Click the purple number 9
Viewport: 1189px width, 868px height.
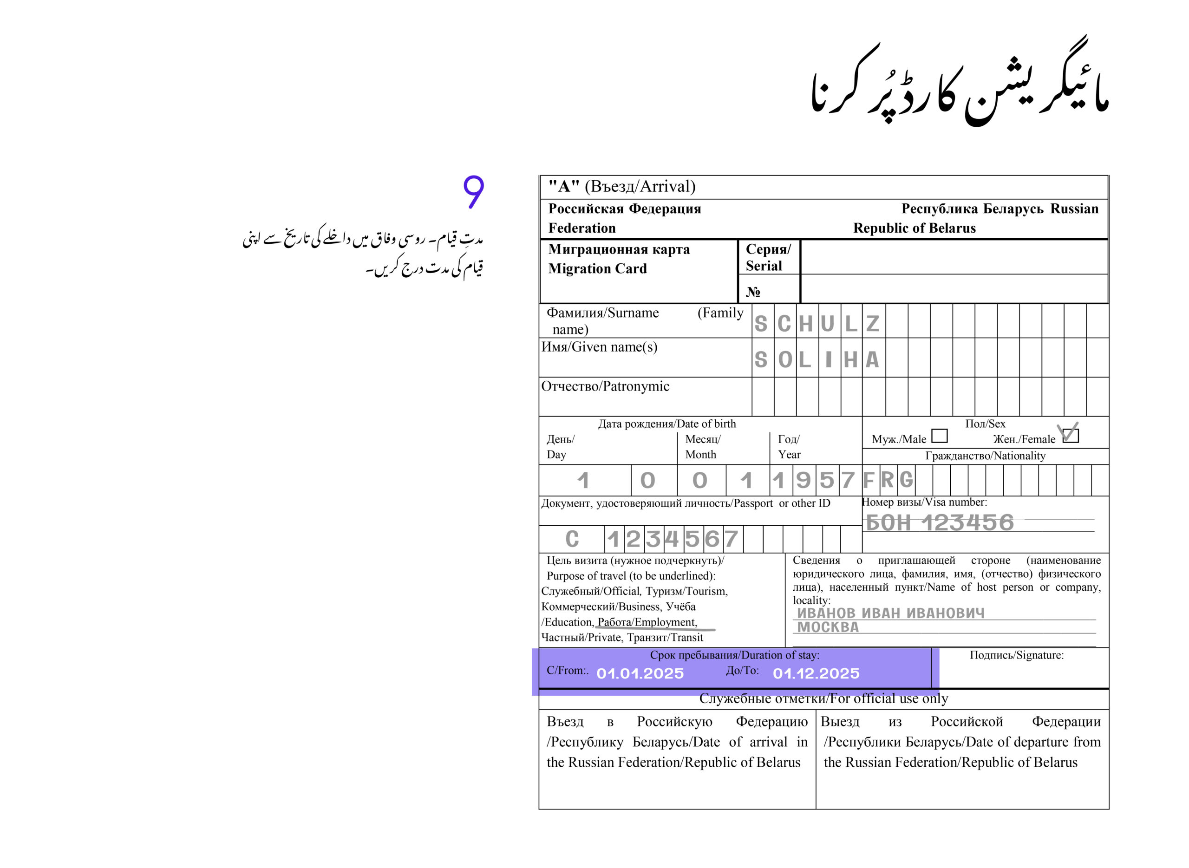coord(473,192)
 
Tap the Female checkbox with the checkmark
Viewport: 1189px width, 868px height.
coord(1070,435)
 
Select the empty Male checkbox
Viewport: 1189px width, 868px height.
coord(939,436)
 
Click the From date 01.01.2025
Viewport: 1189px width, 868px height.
coord(640,673)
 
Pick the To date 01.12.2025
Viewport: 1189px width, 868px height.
coord(816,673)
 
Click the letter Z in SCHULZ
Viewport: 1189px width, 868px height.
coord(872,324)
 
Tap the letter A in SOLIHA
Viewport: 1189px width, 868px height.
coord(872,360)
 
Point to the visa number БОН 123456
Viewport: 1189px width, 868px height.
coord(940,522)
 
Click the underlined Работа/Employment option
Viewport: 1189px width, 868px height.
coord(647,622)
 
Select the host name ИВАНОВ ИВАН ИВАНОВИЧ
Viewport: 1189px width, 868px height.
coord(890,613)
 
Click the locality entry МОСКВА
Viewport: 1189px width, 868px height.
coord(828,627)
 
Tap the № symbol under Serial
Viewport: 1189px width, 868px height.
coord(753,292)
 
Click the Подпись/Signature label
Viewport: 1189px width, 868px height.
coord(1016,655)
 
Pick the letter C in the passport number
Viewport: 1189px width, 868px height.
coord(572,539)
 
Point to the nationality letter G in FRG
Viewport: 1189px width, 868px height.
coord(906,480)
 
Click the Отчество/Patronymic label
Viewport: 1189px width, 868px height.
coord(605,386)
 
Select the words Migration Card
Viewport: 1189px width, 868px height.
coord(597,268)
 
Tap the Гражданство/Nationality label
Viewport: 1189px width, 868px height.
coord(985,456)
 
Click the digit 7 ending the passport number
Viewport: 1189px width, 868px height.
coord(732,539)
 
